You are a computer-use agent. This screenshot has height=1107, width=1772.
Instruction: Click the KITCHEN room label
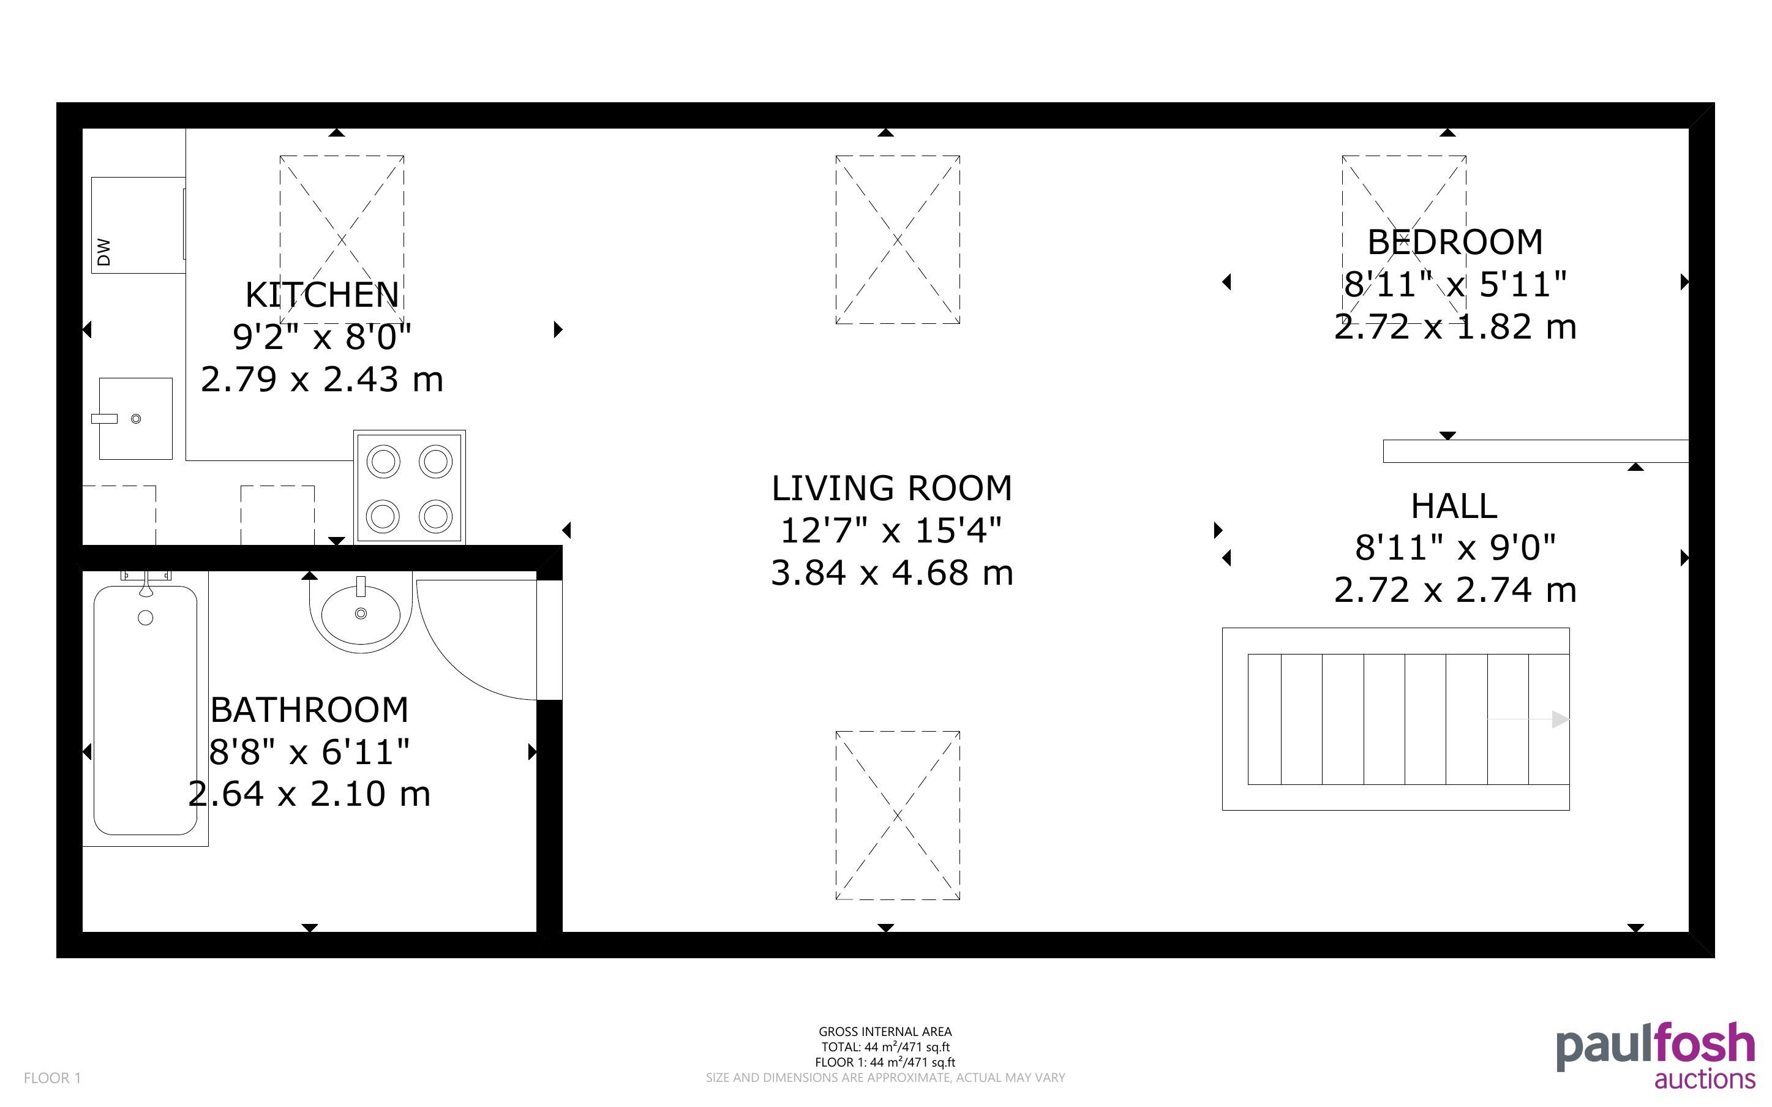[x=322, y=295]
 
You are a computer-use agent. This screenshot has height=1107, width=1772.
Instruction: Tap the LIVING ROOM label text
[x=892, y=489]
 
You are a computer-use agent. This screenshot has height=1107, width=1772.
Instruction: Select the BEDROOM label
[x=1454, y=242]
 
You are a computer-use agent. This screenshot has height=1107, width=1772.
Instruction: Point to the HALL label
[x=1454, y=506]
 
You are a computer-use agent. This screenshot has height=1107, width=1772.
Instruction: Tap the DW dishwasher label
[x=104, y=251]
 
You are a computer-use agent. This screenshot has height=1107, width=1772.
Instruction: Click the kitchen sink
[x=135, y=419]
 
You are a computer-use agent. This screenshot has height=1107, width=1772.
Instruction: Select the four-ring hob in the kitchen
[x=409, y=487]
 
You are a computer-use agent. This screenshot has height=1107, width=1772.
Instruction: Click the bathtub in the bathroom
[x=146, y=709]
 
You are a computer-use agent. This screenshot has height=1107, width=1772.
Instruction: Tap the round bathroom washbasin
[x=361, y=613]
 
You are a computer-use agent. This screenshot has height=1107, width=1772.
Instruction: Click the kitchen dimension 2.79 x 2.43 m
[x=322, y=379]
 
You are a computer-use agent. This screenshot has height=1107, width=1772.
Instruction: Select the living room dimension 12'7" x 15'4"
[x=891, y=530]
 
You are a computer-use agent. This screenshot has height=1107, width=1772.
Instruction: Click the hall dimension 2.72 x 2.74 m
[x=1454, y=590]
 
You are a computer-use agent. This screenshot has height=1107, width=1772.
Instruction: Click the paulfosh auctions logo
[x=1656, y=1055]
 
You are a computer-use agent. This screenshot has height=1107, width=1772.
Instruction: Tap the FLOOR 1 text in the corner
[x=53, y=1078]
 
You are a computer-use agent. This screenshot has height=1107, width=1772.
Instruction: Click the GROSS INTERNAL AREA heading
[x=885, y=1032]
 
